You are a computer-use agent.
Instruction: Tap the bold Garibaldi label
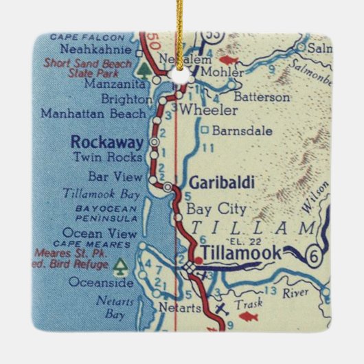pyautogui.click(x=221, y=182)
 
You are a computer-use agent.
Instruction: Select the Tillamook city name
pyautogui.click(x=240, y=253)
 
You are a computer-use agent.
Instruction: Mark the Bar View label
pyautogui.click(x=120, y=178)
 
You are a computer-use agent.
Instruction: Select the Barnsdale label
pyautogui.click(x=232, y=130)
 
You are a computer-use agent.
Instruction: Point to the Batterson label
pyautogui.click(x=262, y=97)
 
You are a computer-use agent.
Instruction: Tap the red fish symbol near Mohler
pyautogui.click(x=229, y=60)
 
